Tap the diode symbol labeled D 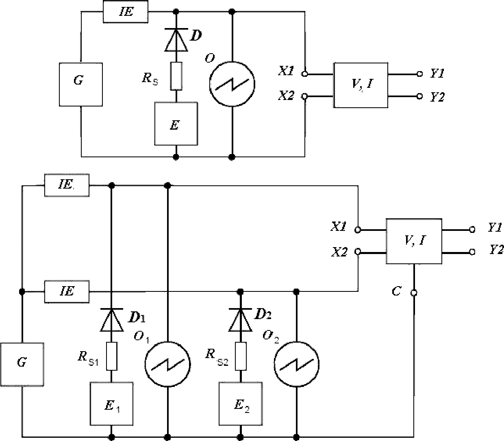tap(176, 40)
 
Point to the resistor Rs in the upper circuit tap(176, 76)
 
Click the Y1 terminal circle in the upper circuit tap(420, 74)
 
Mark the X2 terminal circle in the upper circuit tap(305, 96)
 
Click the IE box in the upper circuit tap(126, 11)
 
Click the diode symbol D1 tap(112, 320)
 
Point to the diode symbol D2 tap(241, 320)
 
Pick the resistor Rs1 tap(112, 356)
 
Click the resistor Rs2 tap(241, 356)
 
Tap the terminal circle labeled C tap(414, 293)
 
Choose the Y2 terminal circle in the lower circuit tap(472, 252)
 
